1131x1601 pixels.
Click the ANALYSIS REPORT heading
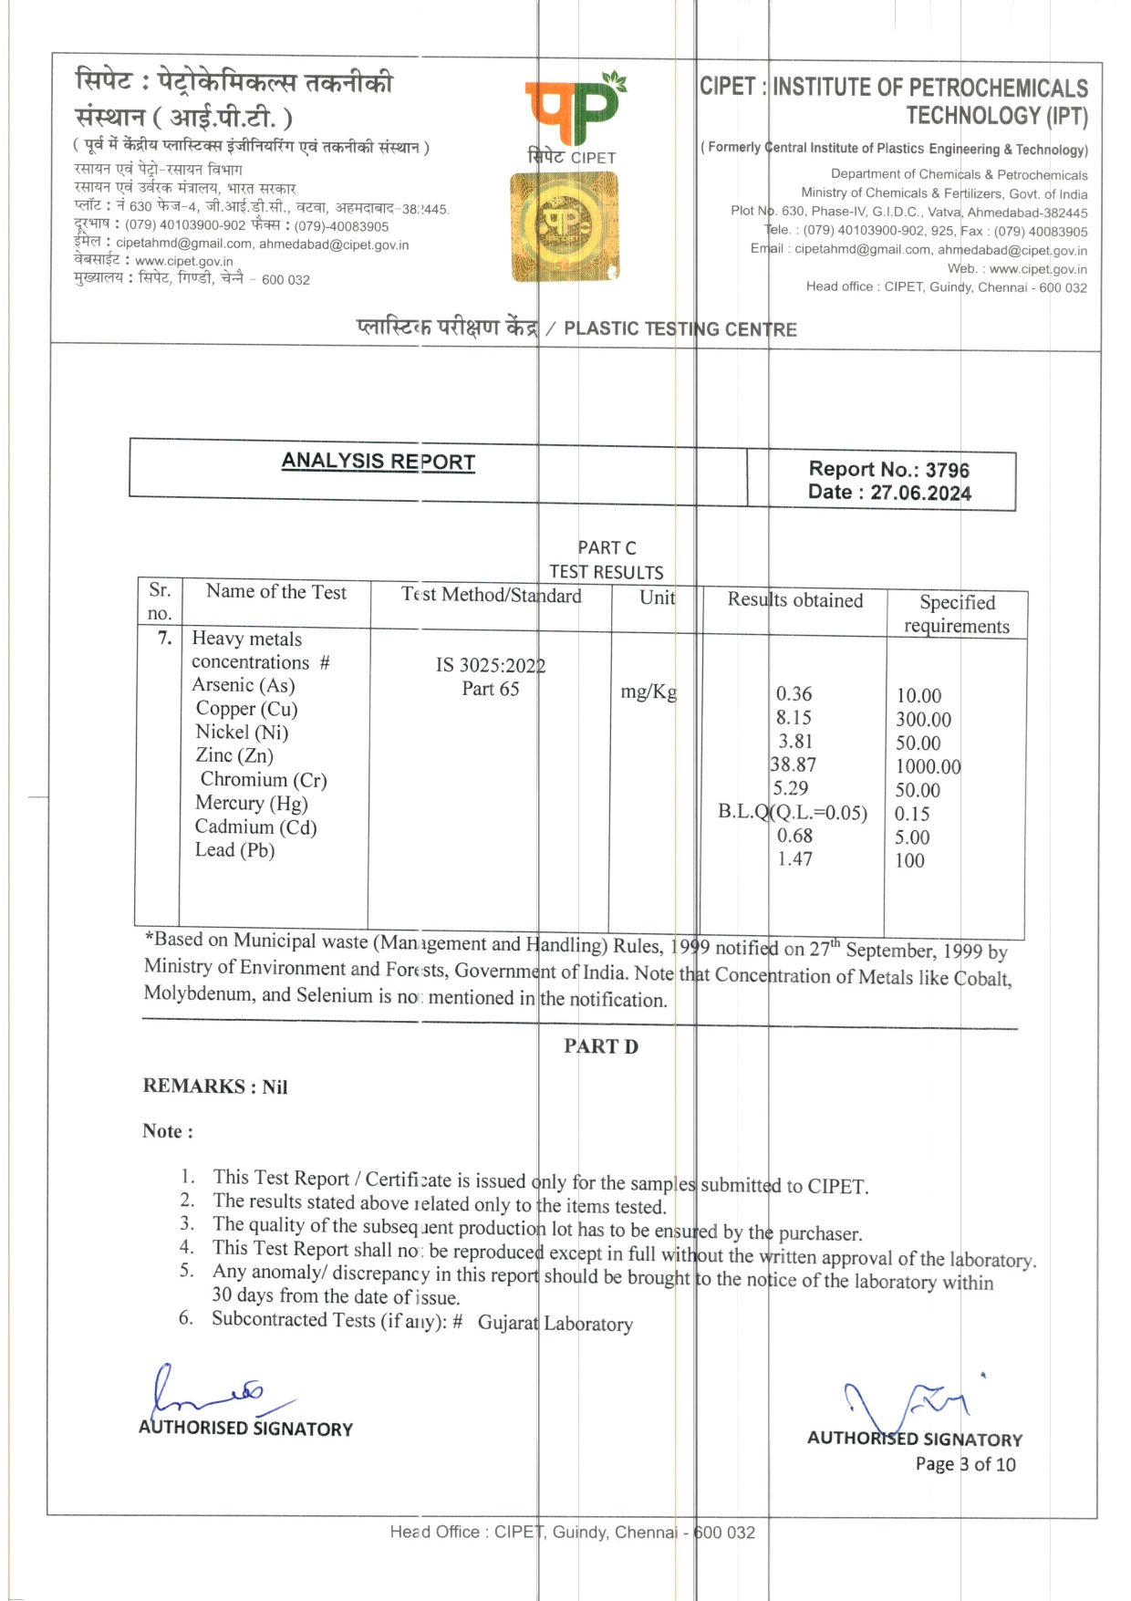point(378,462)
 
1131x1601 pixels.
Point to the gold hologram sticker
point(565,227)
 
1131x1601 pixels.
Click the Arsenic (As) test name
point(244,685)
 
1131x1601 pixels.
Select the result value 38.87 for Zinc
point(793,764)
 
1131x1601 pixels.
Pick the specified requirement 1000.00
point(928,766)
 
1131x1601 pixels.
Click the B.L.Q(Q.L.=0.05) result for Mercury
point(792,812)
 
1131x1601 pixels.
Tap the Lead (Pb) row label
point(234,850)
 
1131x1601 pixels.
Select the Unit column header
point(657,598)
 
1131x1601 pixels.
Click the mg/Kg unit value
point(649,691)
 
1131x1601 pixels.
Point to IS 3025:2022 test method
point(490,665)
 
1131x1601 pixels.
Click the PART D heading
point(600,1046)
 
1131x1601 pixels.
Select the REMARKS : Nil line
point(215,1086)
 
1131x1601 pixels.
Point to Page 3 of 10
point(965,1464)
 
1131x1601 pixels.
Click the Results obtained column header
point(794,600)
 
